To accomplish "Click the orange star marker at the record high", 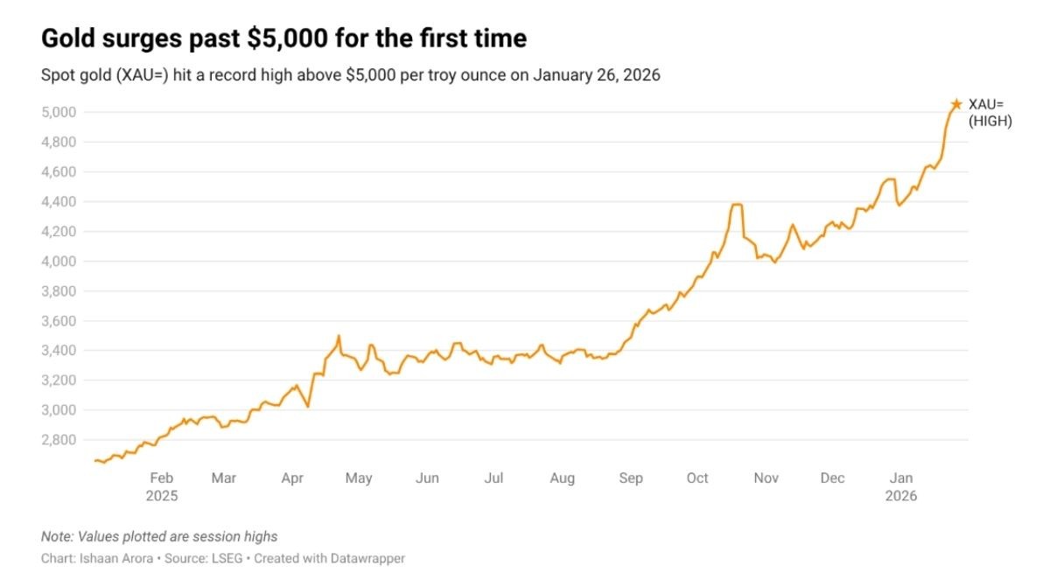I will coord(956,104).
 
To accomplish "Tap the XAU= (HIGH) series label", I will coord(990,113).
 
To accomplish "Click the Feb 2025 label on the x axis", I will coord(162,486).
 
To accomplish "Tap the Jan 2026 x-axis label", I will coord(901,486).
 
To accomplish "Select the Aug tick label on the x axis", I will coord(562,479).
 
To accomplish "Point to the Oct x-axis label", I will coord(697,479).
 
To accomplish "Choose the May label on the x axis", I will coord(359,479).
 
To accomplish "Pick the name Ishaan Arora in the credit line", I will coord(109,558).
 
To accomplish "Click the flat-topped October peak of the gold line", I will coord(737,205).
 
